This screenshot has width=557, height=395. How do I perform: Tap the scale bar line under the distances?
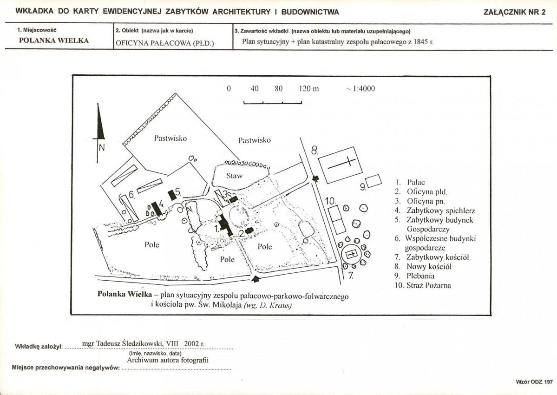pyautogui.click(x=273, y=103)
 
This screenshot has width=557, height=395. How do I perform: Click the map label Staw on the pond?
pyautogui.click(x=235, y=176)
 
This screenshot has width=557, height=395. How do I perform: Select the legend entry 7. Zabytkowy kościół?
pyautogui.click(x=432, y=257)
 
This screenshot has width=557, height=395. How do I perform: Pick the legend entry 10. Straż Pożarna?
pyautogui.click(x=423, y=285)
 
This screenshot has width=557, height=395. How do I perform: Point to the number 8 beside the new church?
pyautogui.click(x=315, y=151)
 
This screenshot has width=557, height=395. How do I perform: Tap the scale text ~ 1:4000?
pyautogui.click(x=360, y=89)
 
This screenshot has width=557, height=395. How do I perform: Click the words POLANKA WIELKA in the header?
pyautogui.click(x=54, y=40)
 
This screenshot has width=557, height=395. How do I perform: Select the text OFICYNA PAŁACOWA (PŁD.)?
pyautogui.click(x=165, y=43)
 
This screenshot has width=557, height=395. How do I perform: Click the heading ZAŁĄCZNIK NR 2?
pyautogui.click(x=514, y=12)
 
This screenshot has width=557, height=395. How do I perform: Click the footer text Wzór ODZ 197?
pyautogui.click(x=534, y=382)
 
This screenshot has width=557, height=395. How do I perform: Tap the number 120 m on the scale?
pyautogui.click(x=308, y=89)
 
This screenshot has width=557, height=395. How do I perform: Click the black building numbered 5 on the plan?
pyautogui.click(x=172, y=195)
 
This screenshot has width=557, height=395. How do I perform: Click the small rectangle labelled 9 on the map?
pyautogui.click(x=374, y=181)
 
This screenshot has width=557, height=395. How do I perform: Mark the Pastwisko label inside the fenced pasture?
pyautogui.click(x=170, y=138)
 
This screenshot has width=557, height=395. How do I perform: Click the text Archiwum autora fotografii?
pyautogui.click(x=168, y=360)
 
